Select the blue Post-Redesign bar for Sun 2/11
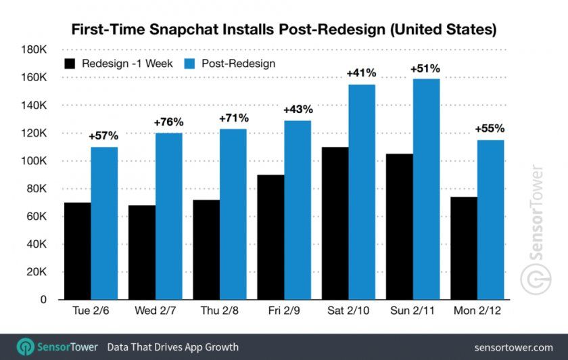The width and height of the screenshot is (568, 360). pyautogui.click(x=426, y=189)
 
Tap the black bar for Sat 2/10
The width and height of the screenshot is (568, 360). pyautogui.click(x=335, y=223)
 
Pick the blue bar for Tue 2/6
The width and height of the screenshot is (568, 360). pyautogui.click(x=104, y=223)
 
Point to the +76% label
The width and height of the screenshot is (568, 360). pyautogui.click(x=168, y=122)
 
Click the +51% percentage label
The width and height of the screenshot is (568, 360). pyautogui.click(x=425, y=68)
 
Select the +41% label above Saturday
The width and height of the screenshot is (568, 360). pyautogui.click(x=361, y=73)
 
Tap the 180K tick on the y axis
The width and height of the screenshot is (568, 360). pyautogui.click(x=32, y=50)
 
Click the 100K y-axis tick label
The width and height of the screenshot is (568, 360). pyautogui.click(x=32, y=161)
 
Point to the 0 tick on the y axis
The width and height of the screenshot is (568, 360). pyautogui.click(x=43, y=299)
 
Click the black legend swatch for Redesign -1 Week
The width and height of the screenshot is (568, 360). pyautogui.click(x=70, y=64)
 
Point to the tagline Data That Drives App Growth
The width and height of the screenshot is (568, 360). pyautogui.click(x=173, y=347)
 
